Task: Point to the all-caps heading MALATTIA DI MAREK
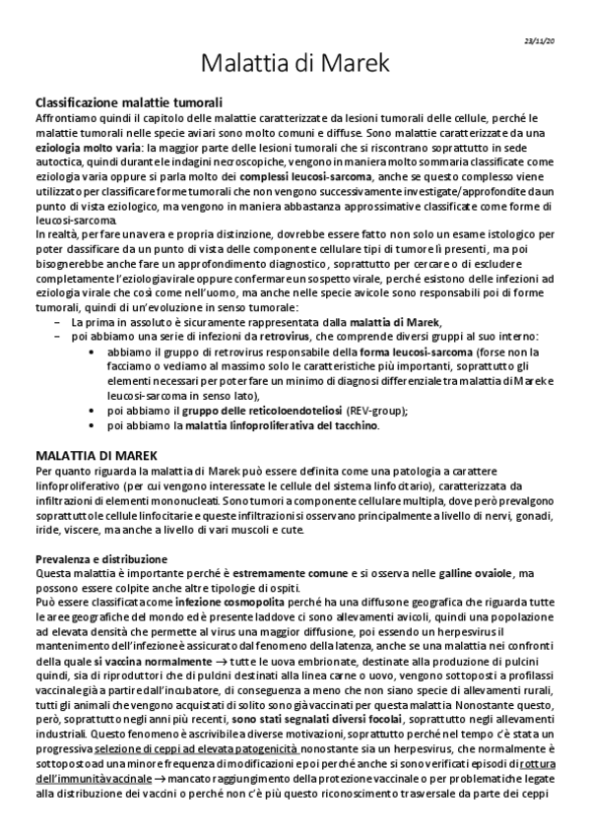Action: click(92, 456)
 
